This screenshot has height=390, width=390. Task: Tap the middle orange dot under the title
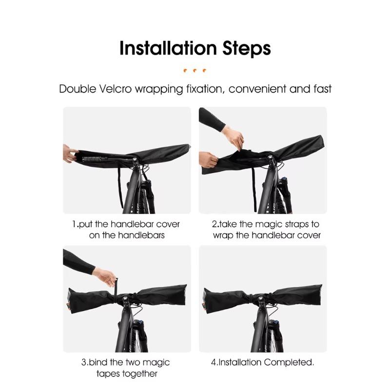[195, 70]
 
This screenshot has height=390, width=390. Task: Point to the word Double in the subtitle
[77, 89]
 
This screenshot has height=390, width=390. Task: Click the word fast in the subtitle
[321, 89]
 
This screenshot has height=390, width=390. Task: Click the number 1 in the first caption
[75, 224]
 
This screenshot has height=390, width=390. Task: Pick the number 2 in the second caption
[214, 224]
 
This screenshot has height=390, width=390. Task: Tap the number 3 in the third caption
[83, 363]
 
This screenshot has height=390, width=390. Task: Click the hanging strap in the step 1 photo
[117, 180]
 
